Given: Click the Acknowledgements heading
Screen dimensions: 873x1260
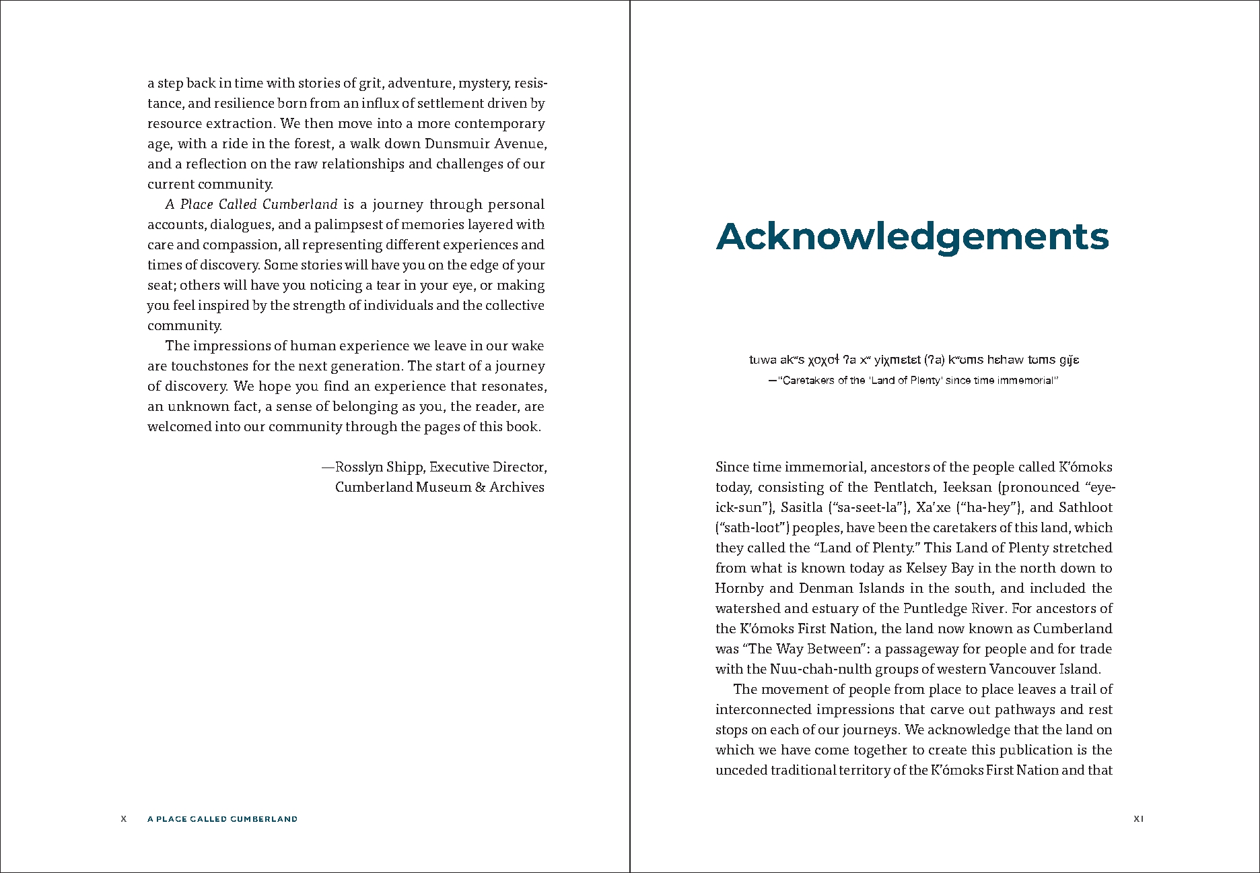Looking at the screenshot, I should (x=912, y=237).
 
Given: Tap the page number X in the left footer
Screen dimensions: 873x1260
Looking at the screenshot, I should (x=123, y=819).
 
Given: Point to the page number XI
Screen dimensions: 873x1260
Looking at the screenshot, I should (x=1138, y=819).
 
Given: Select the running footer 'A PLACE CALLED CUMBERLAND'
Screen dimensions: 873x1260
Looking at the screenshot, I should (x=222, y=819).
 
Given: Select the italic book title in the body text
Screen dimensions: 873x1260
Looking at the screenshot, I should (x=251, y=204).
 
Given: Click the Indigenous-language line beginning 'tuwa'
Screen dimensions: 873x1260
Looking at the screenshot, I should (x=913, y=360).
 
